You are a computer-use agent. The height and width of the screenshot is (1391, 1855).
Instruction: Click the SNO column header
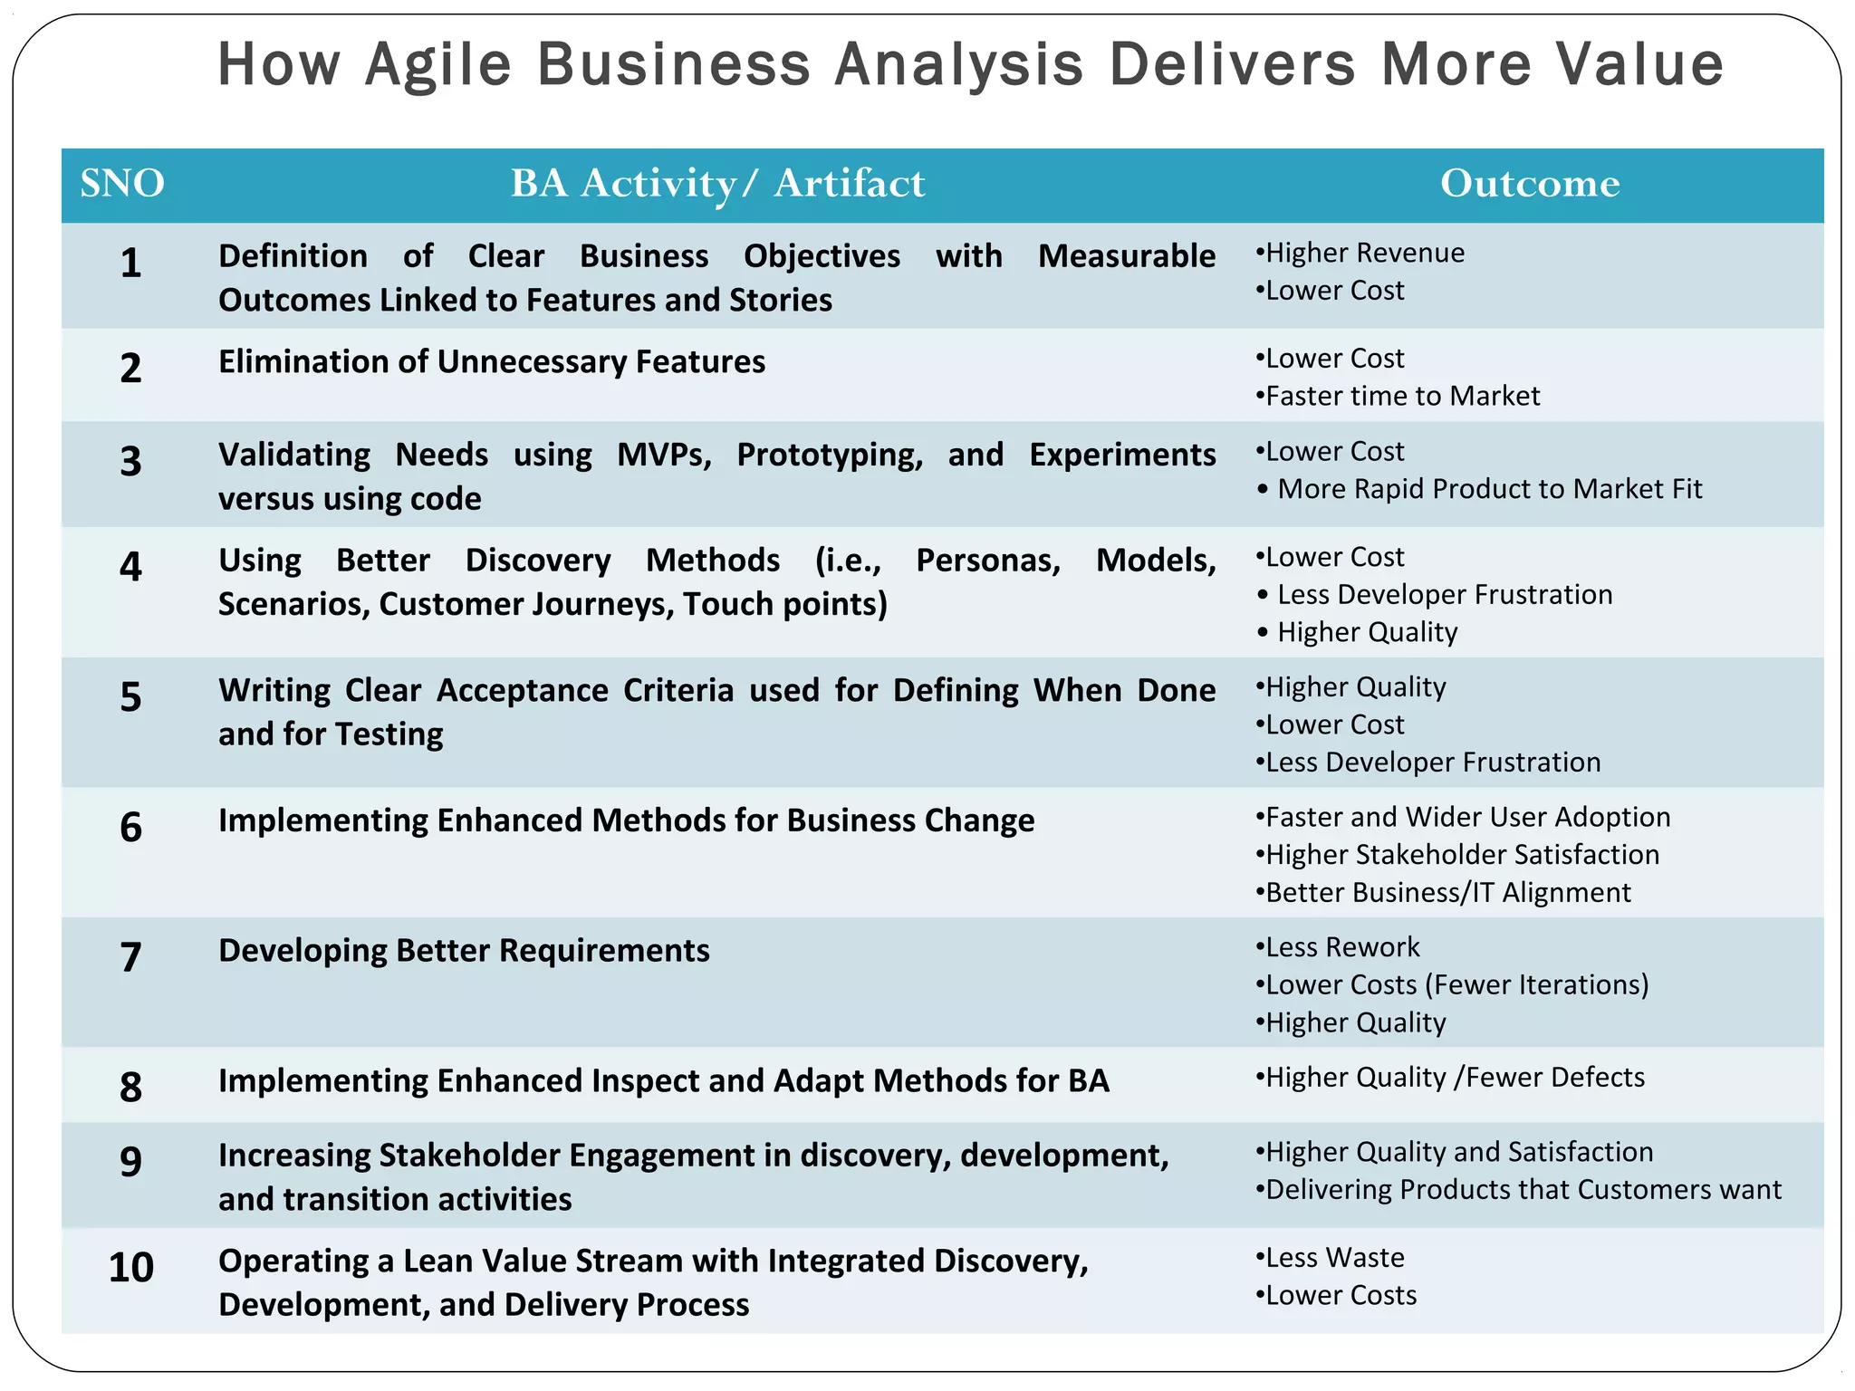click(122, 184)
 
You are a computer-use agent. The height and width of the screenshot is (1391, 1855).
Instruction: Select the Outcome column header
click(1530, 184)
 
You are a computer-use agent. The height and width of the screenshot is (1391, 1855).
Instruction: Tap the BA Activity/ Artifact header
click(717, 184)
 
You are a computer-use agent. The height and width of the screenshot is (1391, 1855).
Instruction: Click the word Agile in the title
click(438, 65)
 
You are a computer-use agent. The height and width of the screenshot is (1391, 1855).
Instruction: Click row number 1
click(131, 263)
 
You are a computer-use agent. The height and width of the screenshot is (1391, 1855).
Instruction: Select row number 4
click(131, 567)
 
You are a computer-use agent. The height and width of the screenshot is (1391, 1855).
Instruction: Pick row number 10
click(131, 1267)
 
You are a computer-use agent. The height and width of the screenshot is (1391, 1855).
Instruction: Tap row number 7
click(131, 957)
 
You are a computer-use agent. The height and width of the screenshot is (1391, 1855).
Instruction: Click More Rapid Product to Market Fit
click(1489, 489)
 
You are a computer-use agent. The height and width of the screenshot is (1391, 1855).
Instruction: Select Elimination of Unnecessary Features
click(492, 362)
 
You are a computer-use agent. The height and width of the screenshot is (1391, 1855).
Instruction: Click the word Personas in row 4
click(987, 561)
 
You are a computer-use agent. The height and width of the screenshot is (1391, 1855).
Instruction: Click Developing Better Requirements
click(464, 951)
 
